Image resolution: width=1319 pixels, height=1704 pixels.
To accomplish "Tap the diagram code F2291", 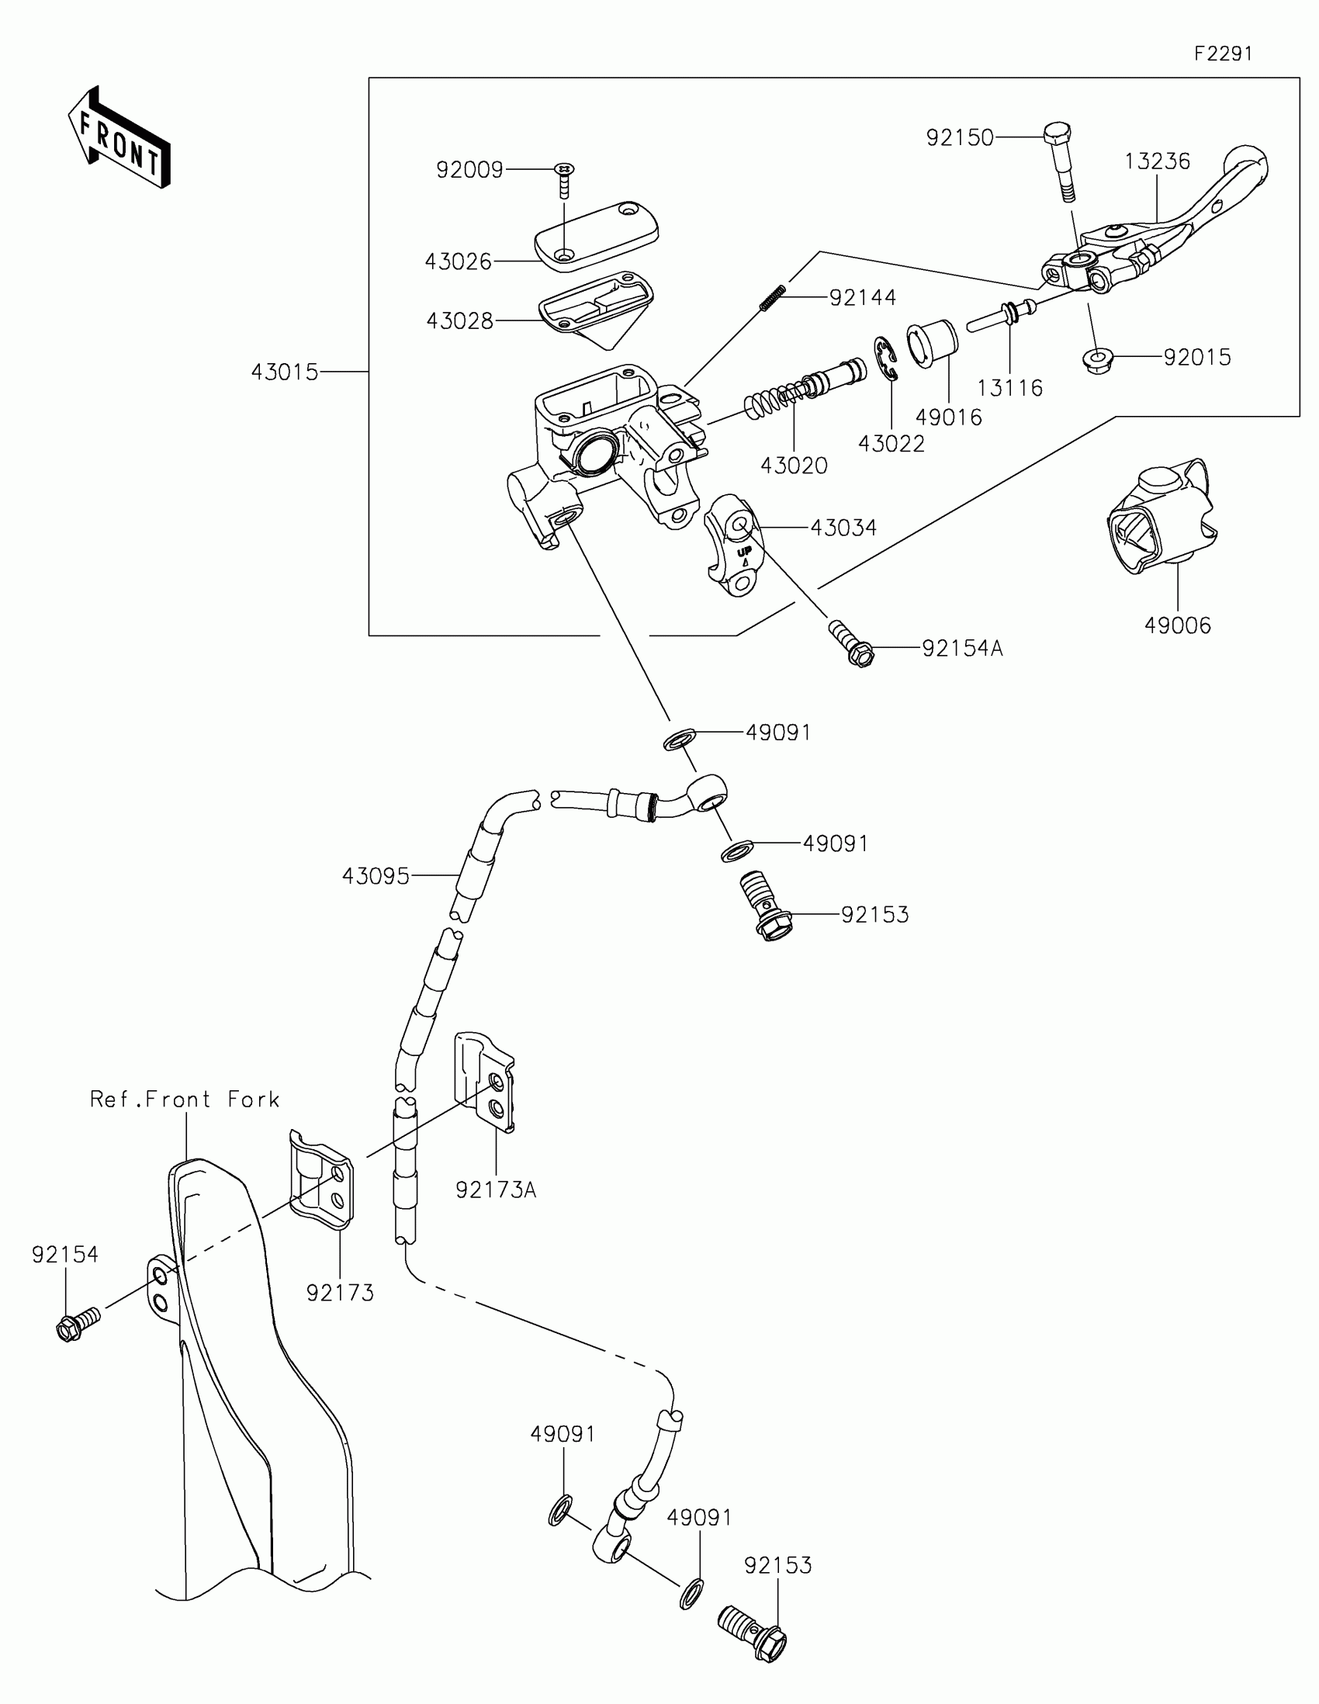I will coord(1222,54).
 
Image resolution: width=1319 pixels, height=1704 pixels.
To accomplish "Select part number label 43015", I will coord(285,373).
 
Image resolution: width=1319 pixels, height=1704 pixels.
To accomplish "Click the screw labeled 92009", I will coord(564,181).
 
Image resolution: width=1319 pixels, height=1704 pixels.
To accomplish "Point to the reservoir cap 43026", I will coord(597,235).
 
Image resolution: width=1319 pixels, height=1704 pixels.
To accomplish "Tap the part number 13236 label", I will coord(1157,161).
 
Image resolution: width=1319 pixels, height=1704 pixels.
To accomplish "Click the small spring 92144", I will coord(772,299).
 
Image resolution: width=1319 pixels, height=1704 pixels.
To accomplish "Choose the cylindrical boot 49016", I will coord(931,343).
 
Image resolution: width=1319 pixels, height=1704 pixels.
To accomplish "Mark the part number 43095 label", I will coord(376,876).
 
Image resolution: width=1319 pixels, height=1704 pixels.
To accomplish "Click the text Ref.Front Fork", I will coord(185,1100).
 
